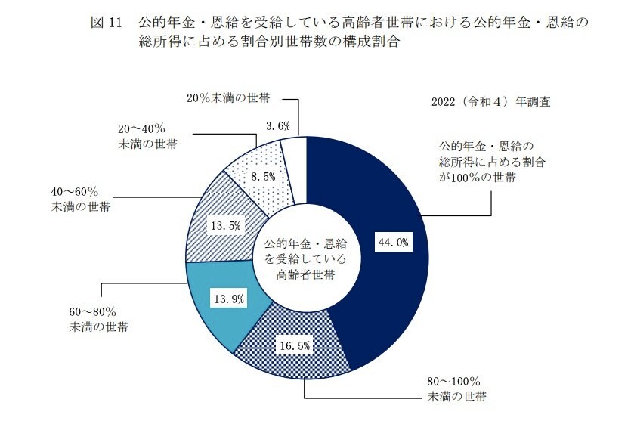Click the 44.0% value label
(393, 243)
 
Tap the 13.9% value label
(229, 299)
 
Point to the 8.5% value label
(262, 176)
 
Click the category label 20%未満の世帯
(228, 97)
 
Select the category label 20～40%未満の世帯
(147, 136)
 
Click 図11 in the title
(106, 23)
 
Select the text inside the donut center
(305, 258)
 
